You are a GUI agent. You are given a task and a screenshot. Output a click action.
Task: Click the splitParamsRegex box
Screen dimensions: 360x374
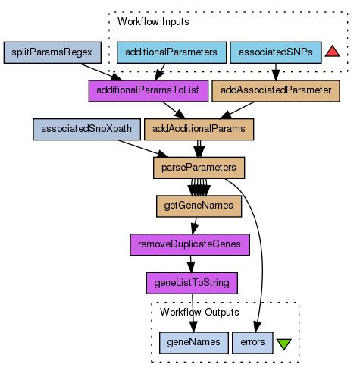52,52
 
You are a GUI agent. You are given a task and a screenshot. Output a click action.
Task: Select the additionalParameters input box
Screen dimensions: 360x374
171,52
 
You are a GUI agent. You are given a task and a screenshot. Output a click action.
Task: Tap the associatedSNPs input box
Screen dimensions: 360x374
276,52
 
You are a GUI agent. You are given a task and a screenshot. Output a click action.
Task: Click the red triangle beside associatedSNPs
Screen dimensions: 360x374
332,52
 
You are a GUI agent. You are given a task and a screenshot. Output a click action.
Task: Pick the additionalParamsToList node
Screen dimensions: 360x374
149,91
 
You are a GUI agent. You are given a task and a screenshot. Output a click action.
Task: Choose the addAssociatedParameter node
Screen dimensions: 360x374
276,91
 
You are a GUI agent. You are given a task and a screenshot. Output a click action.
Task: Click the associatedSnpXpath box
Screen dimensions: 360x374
86,130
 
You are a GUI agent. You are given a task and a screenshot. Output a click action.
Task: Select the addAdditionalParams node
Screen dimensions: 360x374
199,130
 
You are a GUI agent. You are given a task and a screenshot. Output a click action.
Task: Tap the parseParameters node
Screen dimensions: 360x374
199,168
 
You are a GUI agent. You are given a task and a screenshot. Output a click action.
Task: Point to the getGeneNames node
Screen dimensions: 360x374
199,206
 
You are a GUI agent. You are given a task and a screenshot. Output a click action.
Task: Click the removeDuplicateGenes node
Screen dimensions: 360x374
190,245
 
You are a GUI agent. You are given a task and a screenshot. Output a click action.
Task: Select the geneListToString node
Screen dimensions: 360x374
192,283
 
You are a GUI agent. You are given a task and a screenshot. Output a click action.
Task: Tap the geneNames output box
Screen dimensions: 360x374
194,343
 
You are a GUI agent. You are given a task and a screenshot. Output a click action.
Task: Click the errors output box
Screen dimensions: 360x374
252,343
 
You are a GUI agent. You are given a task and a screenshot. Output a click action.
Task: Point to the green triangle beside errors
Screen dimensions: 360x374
284,344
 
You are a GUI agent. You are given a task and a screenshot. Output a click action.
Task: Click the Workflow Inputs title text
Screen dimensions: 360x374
153,22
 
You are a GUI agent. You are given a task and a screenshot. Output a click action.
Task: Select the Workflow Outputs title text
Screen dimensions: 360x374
199,313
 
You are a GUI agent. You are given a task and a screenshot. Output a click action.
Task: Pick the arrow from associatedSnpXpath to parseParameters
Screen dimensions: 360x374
143,149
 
